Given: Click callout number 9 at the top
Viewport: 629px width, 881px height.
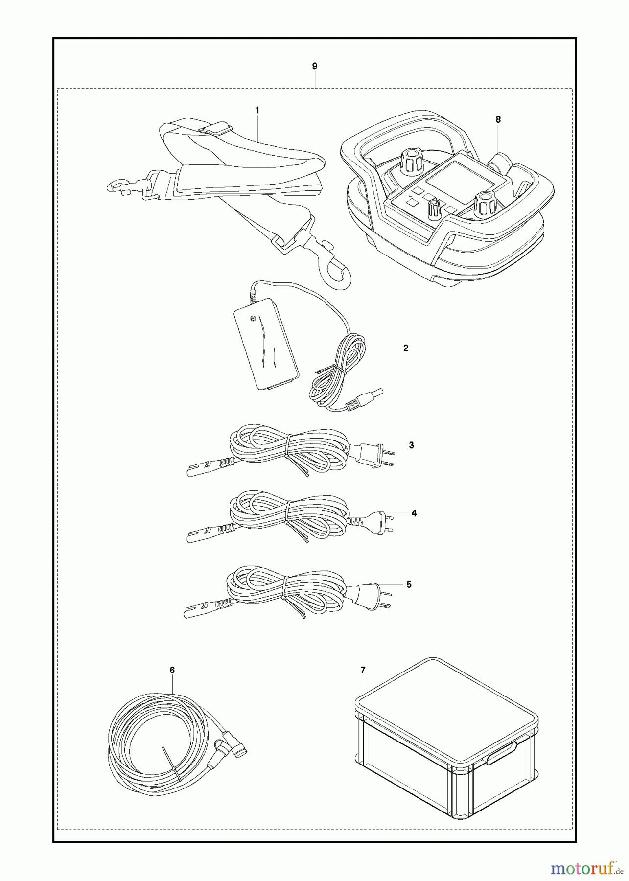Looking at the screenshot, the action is pos(314,66).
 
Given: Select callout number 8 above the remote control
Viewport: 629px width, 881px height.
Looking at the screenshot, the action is pos(498,119).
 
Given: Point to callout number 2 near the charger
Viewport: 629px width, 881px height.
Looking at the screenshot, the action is pos(405,348).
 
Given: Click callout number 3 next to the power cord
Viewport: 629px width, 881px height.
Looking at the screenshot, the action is pos(411,445).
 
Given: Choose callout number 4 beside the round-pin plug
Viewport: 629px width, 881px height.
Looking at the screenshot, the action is pos(414,513).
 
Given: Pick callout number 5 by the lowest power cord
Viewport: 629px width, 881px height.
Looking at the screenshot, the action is pos(409,584).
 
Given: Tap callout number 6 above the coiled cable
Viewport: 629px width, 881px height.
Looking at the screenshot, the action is pos(172,670).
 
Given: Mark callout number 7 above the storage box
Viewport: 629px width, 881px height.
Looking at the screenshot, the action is pos(363,670).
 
